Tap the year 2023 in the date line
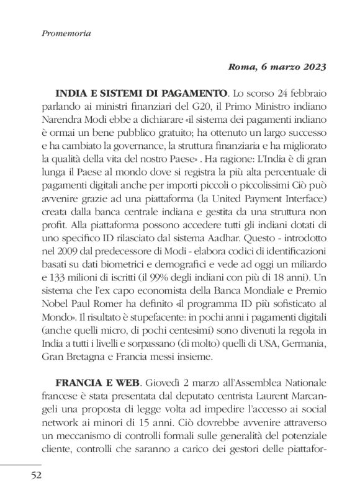point(310,66)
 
